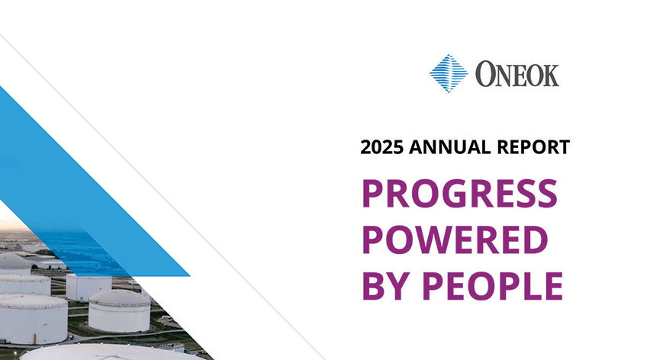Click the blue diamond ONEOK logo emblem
click(x=449, y=74)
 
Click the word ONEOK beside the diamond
click(x=518, y=75)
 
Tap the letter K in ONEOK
click(x=549, y=75)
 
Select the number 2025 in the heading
click(x=384, y=148)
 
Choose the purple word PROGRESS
click(x=459, y=196)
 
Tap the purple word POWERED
click(x=455, y=240)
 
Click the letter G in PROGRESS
click(x=465, y=196)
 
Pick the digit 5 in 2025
click(x=401, y=148)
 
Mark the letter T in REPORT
click(x=563, y=148)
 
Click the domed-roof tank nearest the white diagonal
click(x=119, y=309)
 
